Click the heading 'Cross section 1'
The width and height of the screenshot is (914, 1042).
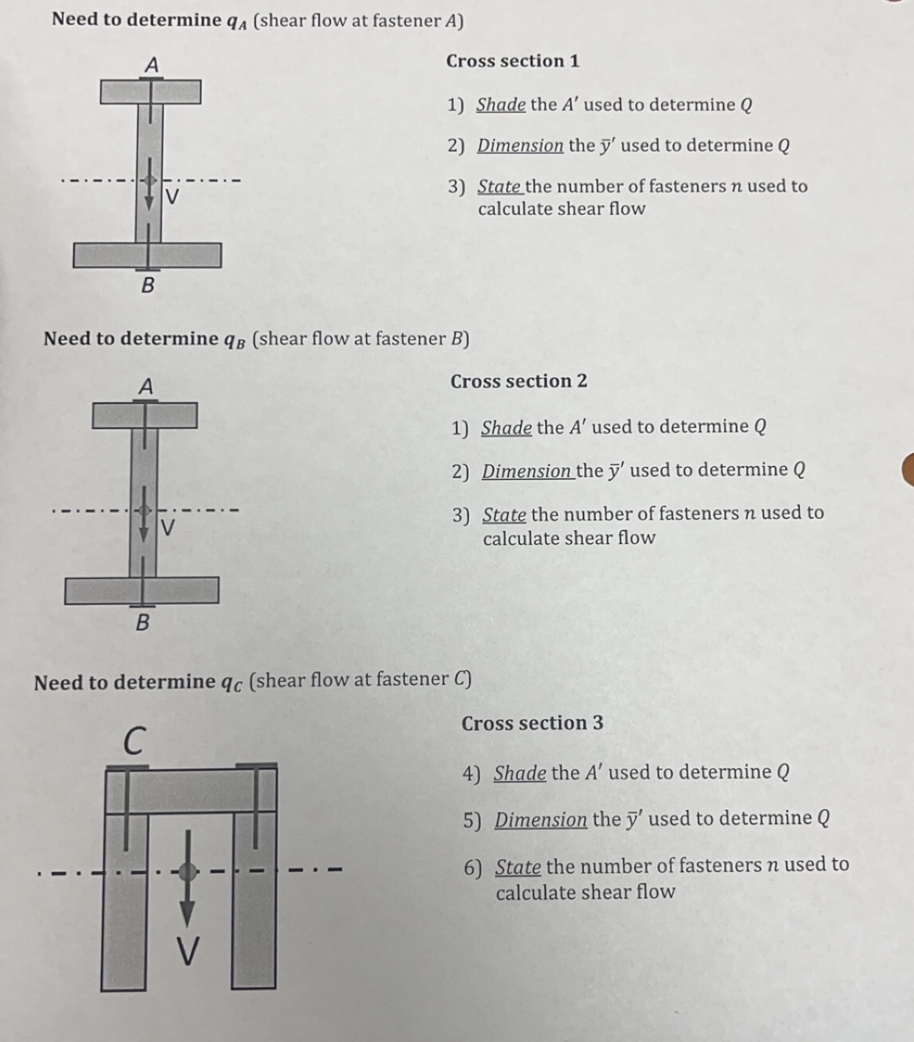(x=513, y=61)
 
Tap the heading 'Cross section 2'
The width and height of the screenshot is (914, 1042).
(x=518, y=381)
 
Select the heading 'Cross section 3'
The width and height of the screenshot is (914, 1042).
(x=532, y=723)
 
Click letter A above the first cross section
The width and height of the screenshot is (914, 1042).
(x=151, y=65)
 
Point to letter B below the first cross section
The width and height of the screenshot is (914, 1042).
(x=147, y=284)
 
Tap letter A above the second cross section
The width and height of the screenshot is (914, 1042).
(x=146, y=386)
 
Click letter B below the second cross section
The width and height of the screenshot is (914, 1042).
(x=143, y=623)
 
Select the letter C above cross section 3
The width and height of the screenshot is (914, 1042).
(x=133, y=741)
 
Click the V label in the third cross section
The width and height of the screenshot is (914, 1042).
(x=188, y=951)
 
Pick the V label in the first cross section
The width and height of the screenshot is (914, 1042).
(x=172, y=197)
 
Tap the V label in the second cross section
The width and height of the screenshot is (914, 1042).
(x=168, y=527)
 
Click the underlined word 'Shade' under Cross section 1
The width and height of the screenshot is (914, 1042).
(x=501, y=105)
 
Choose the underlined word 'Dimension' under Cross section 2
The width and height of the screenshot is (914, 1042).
(x=527, y=471)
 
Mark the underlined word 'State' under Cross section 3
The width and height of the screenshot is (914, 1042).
(x=518, y=867)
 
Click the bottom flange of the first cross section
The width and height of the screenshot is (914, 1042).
(x=147, y=256)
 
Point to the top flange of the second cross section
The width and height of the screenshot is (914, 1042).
(x=144, y=415)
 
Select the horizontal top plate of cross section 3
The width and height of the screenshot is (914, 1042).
(x=191, y=789)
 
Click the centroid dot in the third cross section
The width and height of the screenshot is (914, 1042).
(x=188, y=872)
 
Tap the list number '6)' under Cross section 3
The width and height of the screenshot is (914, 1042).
(x=473, y=868)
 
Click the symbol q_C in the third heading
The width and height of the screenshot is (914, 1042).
(x=231, y=683)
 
